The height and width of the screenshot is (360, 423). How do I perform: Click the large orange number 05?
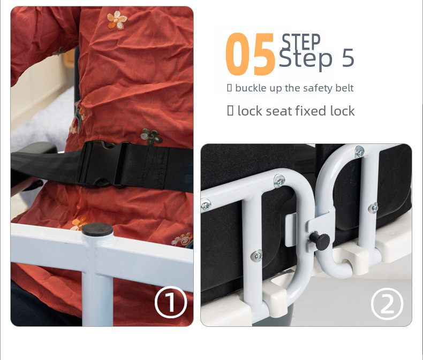250,54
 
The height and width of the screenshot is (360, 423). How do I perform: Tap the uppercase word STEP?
301,41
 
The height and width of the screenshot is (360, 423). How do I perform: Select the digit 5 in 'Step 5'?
348,58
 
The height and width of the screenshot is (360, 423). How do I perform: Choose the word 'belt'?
344,88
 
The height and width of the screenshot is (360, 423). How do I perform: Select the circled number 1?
171,302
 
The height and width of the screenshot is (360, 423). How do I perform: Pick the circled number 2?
387,304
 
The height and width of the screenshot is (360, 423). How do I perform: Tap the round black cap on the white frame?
97,229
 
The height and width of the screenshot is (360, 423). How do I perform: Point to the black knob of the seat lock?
320,241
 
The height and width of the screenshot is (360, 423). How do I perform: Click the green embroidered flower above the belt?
152,136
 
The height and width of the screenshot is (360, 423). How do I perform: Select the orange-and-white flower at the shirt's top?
117,20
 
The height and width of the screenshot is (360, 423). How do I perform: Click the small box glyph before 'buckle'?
229,88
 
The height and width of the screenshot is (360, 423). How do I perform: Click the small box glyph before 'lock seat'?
230,111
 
